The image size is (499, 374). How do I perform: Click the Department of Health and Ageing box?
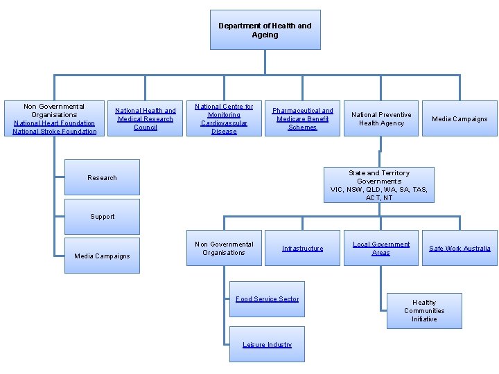coord(265,30)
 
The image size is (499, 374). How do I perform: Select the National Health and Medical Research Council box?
coord(146,118)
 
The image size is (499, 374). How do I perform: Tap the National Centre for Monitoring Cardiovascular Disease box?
coord(224,118)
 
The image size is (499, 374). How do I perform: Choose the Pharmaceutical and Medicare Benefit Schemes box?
coord(302,118)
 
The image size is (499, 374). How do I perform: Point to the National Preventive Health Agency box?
coord(380,118)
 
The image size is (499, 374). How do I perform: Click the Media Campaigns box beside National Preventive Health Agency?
coord(459,118)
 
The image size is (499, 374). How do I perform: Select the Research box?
coord(102,177)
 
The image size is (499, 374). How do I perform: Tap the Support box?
coord(102,217)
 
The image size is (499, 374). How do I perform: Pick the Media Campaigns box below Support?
coord(102,256)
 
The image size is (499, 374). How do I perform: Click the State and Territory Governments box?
coord(379,185)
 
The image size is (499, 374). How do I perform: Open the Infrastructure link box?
coord(302,248)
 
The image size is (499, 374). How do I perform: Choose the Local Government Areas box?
coord(380,248)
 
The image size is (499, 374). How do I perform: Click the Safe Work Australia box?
coord(459,248)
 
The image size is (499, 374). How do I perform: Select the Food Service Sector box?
coord(267,299)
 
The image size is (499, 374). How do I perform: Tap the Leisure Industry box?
coord(267,344)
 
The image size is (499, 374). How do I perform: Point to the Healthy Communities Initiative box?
coord(424,310)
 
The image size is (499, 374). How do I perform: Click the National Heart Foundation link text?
coord(54,123)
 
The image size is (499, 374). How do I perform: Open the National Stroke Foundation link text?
coord(54,132)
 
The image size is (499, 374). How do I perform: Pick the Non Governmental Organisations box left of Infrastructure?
coord(224,248)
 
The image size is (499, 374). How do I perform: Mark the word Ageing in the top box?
coord(265,35)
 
